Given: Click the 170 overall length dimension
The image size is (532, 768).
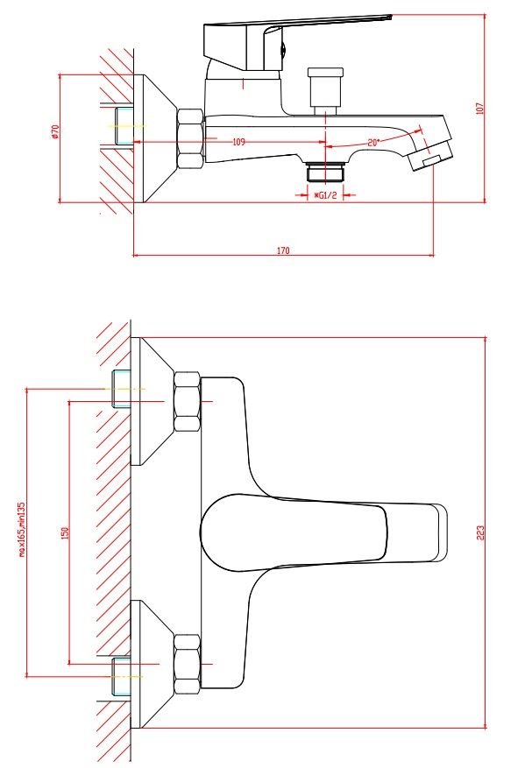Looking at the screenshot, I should tap(283, 250).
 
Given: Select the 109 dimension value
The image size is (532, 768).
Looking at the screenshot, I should tap(238, 142).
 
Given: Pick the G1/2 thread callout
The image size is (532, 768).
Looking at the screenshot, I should tap(326, 195).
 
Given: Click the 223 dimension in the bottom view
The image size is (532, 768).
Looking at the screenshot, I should tap(479, 532).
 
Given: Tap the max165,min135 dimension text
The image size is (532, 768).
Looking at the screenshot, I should tap(21, 530).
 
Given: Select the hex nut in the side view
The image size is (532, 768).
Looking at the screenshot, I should tap(190, 139).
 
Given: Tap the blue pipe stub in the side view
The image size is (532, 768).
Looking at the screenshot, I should tap(123, 125).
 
